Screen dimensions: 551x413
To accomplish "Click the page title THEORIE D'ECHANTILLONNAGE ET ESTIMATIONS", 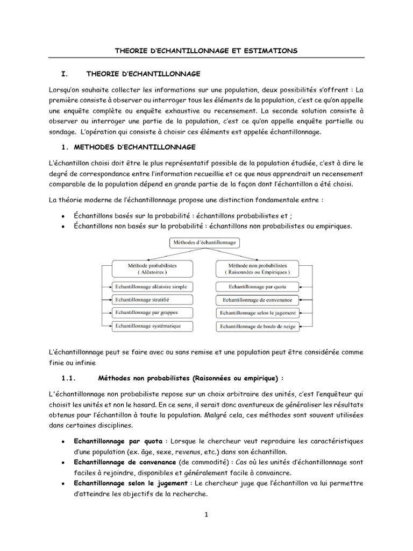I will point(206,51).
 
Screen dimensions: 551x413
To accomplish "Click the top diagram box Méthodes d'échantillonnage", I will point(205,243).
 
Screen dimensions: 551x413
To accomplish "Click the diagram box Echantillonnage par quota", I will point(257,287).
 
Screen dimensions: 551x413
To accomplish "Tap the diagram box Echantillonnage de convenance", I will point(257,300).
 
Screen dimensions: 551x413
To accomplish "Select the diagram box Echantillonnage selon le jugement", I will point(257,313).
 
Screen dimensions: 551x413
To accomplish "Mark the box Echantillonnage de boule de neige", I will point(257,326).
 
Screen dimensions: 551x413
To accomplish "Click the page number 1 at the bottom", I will point(206,514).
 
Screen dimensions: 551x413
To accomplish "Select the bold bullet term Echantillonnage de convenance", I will point(125,462).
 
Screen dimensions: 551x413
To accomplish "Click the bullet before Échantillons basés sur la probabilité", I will point(64,216).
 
